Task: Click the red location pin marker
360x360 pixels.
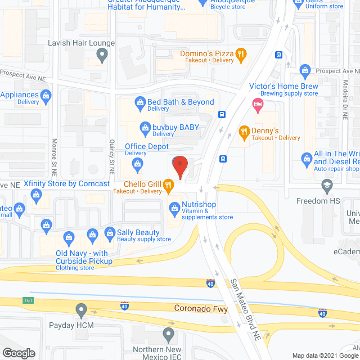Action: [179, 166]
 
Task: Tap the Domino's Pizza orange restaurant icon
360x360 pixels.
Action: [241, 55]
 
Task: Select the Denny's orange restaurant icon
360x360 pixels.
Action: [244, 133]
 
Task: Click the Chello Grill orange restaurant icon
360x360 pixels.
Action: [168, 184]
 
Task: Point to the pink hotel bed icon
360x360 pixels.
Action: [258, 103]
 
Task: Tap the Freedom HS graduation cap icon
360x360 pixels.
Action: [326, 185]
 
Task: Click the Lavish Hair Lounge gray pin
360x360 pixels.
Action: [102, 55]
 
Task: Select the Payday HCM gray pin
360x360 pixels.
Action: [82, 309]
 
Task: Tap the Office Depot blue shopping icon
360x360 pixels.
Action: [137, 164]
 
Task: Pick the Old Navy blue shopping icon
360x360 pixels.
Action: [69, 238]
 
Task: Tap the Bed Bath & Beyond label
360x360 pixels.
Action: [181, 102]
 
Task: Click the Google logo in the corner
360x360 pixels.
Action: [18, 353]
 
